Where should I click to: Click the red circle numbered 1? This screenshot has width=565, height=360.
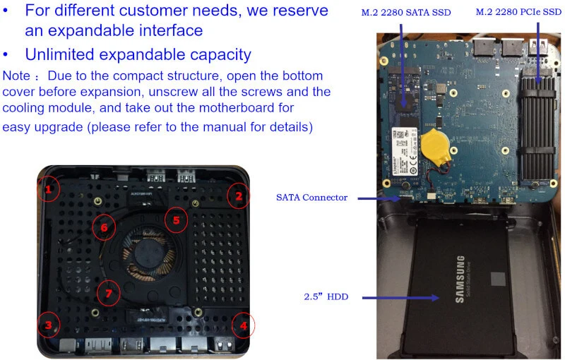point(48,189)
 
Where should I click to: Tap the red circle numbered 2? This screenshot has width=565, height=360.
point(239,196)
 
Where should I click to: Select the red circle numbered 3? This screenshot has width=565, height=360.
point(48,325)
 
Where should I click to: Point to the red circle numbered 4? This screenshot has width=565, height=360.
point(243,325)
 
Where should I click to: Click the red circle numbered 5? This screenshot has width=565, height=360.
point(177,220)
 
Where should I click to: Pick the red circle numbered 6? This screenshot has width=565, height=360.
point(104,227)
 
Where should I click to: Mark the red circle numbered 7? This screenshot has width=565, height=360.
point(108,293)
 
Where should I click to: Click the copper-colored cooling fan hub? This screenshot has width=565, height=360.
point(148,255)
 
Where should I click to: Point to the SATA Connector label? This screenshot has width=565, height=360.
point(311,198)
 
